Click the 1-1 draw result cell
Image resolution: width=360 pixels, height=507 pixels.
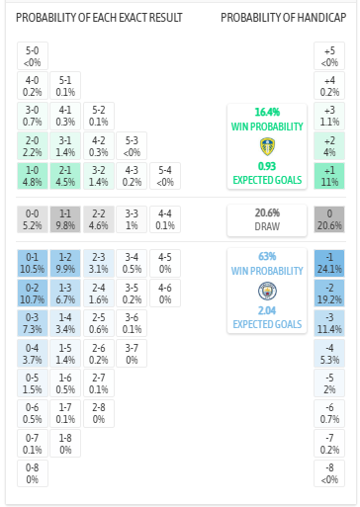[x=65, y=218]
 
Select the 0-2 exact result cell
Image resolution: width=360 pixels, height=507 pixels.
[x=33, y=294]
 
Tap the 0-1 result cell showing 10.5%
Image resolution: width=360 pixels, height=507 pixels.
[x=33, y=264]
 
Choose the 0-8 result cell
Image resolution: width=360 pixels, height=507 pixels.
[x=33, y=471]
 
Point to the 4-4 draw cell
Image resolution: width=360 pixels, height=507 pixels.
[x=163, y=218]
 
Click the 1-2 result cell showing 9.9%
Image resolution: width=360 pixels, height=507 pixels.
[x=65, y=264]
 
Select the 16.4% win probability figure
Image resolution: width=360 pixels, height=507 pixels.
[x=264, y=113]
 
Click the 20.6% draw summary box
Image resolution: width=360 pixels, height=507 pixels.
[x=264, y=218]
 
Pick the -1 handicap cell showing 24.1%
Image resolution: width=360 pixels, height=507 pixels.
[x=329, y=264]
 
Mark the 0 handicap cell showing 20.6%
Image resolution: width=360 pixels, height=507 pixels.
[x=329, y=218]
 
